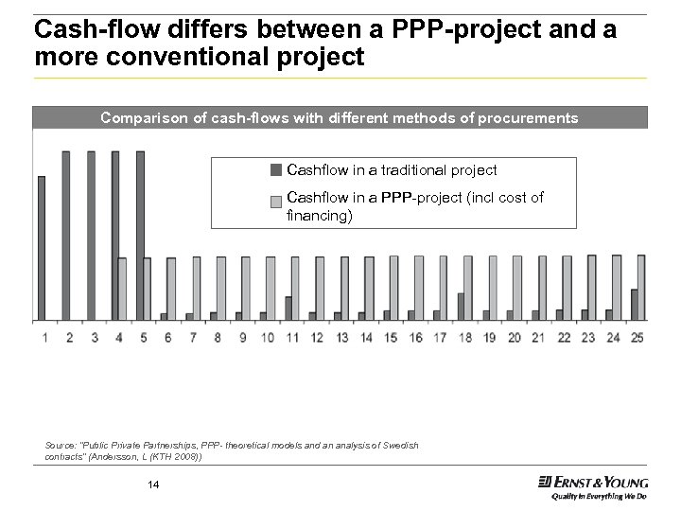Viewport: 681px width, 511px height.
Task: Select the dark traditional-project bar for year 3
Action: coord(91,236)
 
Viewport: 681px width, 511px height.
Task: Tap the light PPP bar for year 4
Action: coord(122,289)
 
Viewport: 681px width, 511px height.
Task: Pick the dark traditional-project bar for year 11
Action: coord(288,308)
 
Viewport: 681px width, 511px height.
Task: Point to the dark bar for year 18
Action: coord(461,307)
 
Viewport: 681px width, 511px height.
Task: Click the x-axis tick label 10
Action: coord(268,337)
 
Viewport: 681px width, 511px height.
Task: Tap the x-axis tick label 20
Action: coord(515,337)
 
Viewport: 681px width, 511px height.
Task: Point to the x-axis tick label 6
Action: coord(167,337)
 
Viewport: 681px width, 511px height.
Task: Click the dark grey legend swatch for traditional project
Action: coord(275,170)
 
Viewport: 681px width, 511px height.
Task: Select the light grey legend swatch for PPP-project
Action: coord(275,200)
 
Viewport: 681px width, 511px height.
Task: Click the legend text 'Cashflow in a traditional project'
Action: coord(392,170)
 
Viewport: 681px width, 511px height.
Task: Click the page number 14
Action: coord(153,485)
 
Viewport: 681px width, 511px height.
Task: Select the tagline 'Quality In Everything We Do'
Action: coord(600,495)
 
